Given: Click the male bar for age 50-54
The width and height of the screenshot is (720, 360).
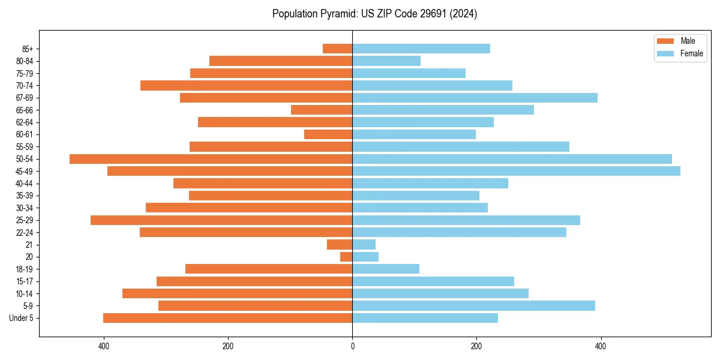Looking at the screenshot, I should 211,159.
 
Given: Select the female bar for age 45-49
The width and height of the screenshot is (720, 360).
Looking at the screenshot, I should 516,171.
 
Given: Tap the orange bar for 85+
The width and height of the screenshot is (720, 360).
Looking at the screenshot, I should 337,49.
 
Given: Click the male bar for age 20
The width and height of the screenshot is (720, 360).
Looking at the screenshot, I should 346,257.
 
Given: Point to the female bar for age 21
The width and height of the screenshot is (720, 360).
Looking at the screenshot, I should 364,245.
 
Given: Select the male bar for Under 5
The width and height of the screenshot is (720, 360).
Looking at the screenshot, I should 227,318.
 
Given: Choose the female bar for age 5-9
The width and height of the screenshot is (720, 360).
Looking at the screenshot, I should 473,306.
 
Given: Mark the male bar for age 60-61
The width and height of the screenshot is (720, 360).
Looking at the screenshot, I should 328,134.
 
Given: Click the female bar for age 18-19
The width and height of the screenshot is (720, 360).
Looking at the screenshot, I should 386,269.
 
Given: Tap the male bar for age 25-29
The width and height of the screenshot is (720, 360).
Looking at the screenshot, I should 221,220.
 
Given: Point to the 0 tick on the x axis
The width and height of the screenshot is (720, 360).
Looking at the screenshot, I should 352,346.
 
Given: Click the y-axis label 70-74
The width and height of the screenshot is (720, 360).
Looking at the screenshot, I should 25,86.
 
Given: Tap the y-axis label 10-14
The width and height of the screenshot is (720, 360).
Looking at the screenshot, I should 25,294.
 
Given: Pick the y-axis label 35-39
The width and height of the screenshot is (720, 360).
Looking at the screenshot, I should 25,196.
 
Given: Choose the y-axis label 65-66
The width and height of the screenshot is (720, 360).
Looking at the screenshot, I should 25,110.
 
